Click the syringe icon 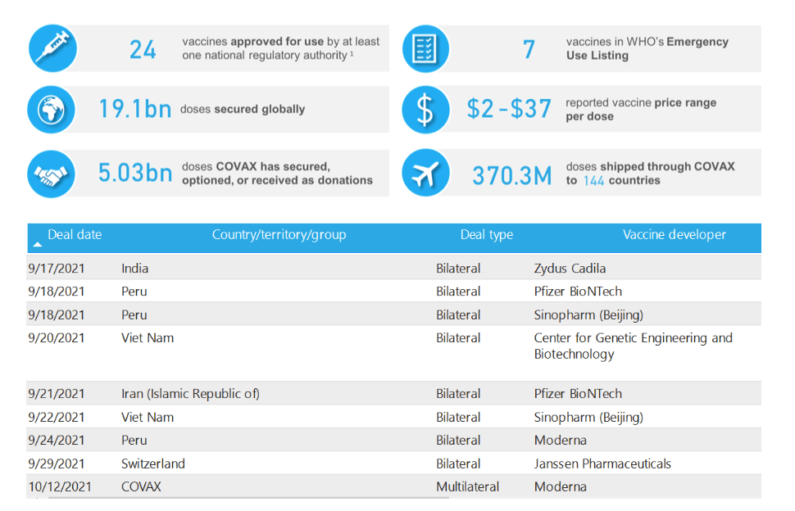point(52,48)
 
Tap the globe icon point(52,109)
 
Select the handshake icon point(52,173)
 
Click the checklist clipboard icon point(425,48)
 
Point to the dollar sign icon point(425,109)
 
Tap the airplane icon point(425,173)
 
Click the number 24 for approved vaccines point(143,50)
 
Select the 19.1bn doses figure point(134,109)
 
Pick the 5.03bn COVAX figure point(134,173)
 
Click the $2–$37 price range point(509,109)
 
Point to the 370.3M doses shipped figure point(511,174)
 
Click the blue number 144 point(594,180)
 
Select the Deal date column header point(75,235)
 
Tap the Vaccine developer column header point(674,235)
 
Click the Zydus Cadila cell point(570,268)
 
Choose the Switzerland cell point(153,464)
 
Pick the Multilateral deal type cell point(467,486)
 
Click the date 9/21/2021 point(56,394)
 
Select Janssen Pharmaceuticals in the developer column point(602,464)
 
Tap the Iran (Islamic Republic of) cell point(190,394)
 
